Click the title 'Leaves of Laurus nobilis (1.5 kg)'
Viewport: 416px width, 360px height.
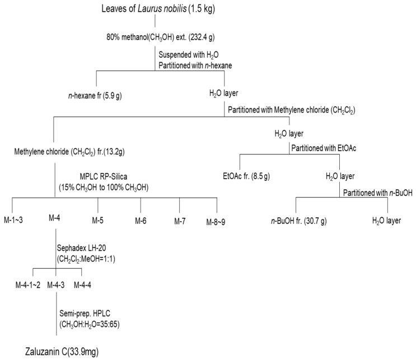(158, 9)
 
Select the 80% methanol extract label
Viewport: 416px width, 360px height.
(161, 38)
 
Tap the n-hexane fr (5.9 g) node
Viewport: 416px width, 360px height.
(95, 96)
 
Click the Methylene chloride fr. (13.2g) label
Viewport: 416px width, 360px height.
(69, 152)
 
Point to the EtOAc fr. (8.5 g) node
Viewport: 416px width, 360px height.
(246, 176)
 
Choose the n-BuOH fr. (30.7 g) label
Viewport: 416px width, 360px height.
(299, 221)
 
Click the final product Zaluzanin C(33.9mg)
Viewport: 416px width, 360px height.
(62, 352)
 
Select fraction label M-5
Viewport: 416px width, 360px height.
(97, 221)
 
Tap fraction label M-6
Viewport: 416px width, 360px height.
(141, 221)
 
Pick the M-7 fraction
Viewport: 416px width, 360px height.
(180, 221)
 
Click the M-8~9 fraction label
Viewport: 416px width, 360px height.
(216, 222)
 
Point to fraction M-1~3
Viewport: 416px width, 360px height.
(13, 220)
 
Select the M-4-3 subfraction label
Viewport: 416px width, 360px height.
(56, 285)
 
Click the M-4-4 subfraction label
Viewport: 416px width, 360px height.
(82, 285)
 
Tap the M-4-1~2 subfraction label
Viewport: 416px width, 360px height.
(28, 285)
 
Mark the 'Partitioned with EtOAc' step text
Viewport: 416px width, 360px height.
(324, 148)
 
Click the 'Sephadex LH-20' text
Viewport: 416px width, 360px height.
(81, 248)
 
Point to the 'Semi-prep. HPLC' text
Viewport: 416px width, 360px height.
(85, 314)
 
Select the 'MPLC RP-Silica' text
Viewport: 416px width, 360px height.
(104, 176)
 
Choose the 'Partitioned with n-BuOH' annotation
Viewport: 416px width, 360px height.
(378, 193)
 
